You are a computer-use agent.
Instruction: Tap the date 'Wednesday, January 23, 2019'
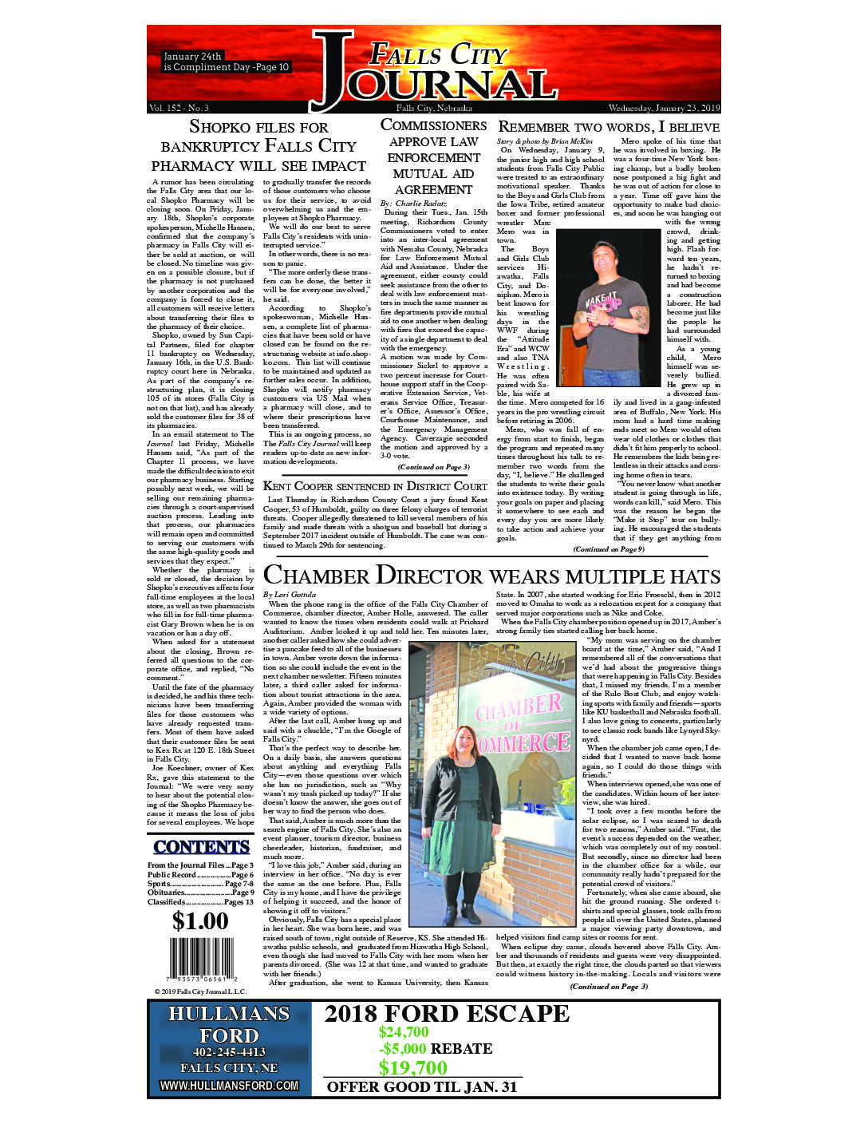pos(664,108)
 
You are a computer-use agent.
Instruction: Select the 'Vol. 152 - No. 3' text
pos(179,108)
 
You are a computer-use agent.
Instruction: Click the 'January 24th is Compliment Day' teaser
pos(226,62)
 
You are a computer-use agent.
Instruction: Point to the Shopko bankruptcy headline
pos(258,146)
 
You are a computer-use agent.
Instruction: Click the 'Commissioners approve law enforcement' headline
pos(433,157)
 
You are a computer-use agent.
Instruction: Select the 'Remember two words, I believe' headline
pos(609,127)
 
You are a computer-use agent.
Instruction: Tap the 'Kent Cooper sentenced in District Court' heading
pos(375,485)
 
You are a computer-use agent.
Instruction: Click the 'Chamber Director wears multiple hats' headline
pos(491,576)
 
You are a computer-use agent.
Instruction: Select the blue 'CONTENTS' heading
pos(201,847)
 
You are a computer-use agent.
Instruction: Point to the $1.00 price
pos(200,921)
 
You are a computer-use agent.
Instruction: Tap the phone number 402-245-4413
pos(229,1052)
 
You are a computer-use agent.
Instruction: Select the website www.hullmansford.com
pos(229,1086)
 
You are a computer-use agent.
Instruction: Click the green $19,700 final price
pos(412,1067)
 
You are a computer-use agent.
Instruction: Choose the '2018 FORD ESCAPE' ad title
pos(447,1014)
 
